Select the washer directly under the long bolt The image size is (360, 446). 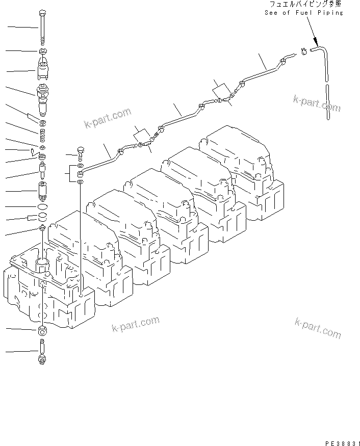pos(42,51)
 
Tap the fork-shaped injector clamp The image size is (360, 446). pos(43,69)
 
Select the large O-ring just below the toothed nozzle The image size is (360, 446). pos(43,206)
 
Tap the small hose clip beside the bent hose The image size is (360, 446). pos(304,51)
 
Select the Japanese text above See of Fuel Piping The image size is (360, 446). pos(303,4)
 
